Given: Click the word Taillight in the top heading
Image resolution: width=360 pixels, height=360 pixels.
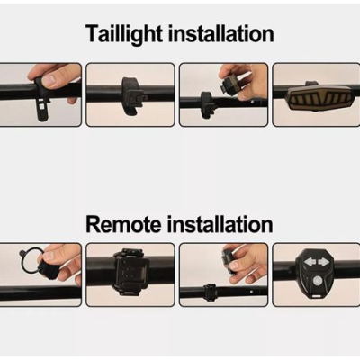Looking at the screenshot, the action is tap(124, 35).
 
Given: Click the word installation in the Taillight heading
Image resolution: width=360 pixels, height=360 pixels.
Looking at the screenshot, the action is tap(220, 33).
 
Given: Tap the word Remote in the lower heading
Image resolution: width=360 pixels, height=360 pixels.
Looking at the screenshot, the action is tap(123, 224).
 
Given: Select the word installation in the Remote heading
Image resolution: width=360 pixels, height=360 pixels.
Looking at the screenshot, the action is tap(220, 224).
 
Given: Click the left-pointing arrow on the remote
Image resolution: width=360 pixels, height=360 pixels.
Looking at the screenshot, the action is tap(310, 263).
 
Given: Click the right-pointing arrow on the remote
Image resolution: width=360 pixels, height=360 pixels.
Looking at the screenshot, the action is tap(323, 263).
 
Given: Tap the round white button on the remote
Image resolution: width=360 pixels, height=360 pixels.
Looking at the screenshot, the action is tap(317, 281).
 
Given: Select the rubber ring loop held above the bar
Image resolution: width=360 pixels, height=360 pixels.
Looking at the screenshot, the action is tap(30, 260).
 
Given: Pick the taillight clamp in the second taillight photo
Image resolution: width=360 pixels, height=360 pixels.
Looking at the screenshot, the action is tap(133, 95).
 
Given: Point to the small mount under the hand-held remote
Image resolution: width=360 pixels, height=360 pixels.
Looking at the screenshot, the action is tap(210, 291).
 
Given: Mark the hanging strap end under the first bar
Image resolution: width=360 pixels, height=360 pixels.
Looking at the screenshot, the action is tap(42, 110).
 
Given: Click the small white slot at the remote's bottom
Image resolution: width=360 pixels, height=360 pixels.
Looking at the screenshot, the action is tap(317, 296).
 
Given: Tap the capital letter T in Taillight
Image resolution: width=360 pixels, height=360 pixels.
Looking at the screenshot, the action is tap(92, 34).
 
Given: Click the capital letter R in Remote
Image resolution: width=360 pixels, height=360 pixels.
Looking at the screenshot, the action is tap(93, 224).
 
